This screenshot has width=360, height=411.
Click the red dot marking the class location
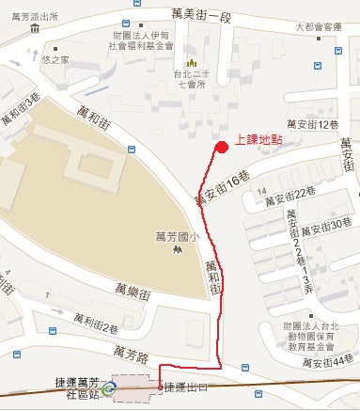pyautogui.click(x=222, y=147)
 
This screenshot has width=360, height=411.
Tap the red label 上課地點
pyautogui.click(x=258, y=139)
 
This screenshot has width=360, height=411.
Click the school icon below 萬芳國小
pyautogui.click(x=177, y=252)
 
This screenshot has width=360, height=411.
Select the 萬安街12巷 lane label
pyautogui.click(x=312, y=124)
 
